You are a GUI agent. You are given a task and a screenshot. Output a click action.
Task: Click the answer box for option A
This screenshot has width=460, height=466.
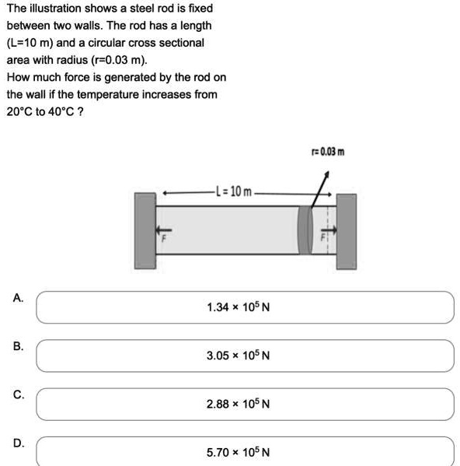pyautogui.click(x=244, y=307)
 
